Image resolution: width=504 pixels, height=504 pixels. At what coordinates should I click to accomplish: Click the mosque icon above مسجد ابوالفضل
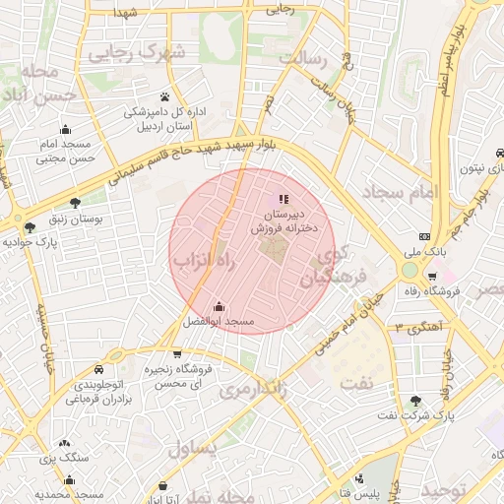218,306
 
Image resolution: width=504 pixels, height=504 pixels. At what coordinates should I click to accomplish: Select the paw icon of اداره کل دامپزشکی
164,96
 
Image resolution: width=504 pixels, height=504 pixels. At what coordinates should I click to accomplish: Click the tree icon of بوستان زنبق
74,202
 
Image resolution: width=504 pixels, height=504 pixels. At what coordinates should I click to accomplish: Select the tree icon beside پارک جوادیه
31,226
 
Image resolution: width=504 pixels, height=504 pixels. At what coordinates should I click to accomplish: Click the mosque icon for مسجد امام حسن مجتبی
65,129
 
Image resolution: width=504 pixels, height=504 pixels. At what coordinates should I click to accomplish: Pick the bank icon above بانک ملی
424,236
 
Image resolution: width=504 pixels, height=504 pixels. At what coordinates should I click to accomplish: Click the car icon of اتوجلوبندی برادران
99,368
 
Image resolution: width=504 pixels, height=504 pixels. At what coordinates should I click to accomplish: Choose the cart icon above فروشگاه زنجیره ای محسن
176,353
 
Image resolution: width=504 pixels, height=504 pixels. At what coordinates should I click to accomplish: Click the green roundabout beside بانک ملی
409,270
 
